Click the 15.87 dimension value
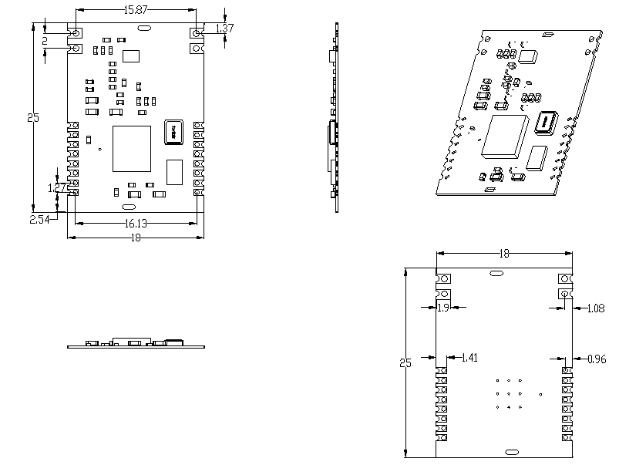[x=136, y=10]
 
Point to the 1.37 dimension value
[x=224, y=29]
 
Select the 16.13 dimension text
[x=136, y=223]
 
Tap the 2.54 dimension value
[x=39, y=220]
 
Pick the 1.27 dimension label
[x=57, y=188]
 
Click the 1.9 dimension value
[x=443, y=308]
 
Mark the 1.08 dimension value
[x=594, y=308]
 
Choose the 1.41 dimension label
[x=469, y=358]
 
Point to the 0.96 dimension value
[x=596, y=359]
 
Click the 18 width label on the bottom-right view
[x=504, y=253]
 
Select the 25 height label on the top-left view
[x=32, y=118]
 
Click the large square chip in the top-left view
[x=132, y=149]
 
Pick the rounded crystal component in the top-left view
[x=173, y=132]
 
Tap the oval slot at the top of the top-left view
[x=143, y=29]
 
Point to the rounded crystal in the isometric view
[x=545, y=123]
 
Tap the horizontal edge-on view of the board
[x=136, y=343]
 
